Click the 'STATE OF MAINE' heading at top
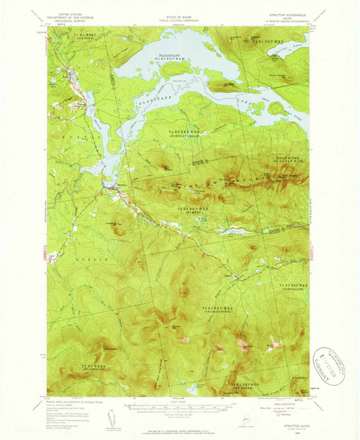coord(180,10)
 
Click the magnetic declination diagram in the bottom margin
coord(112,414)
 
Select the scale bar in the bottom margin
coord(180,406)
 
